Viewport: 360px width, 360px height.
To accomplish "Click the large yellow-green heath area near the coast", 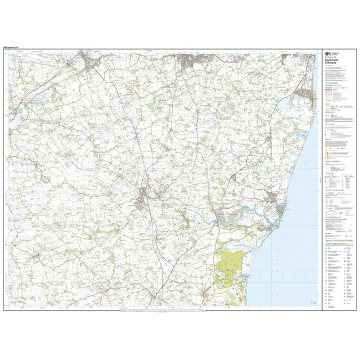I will click(x=226, y=262).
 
